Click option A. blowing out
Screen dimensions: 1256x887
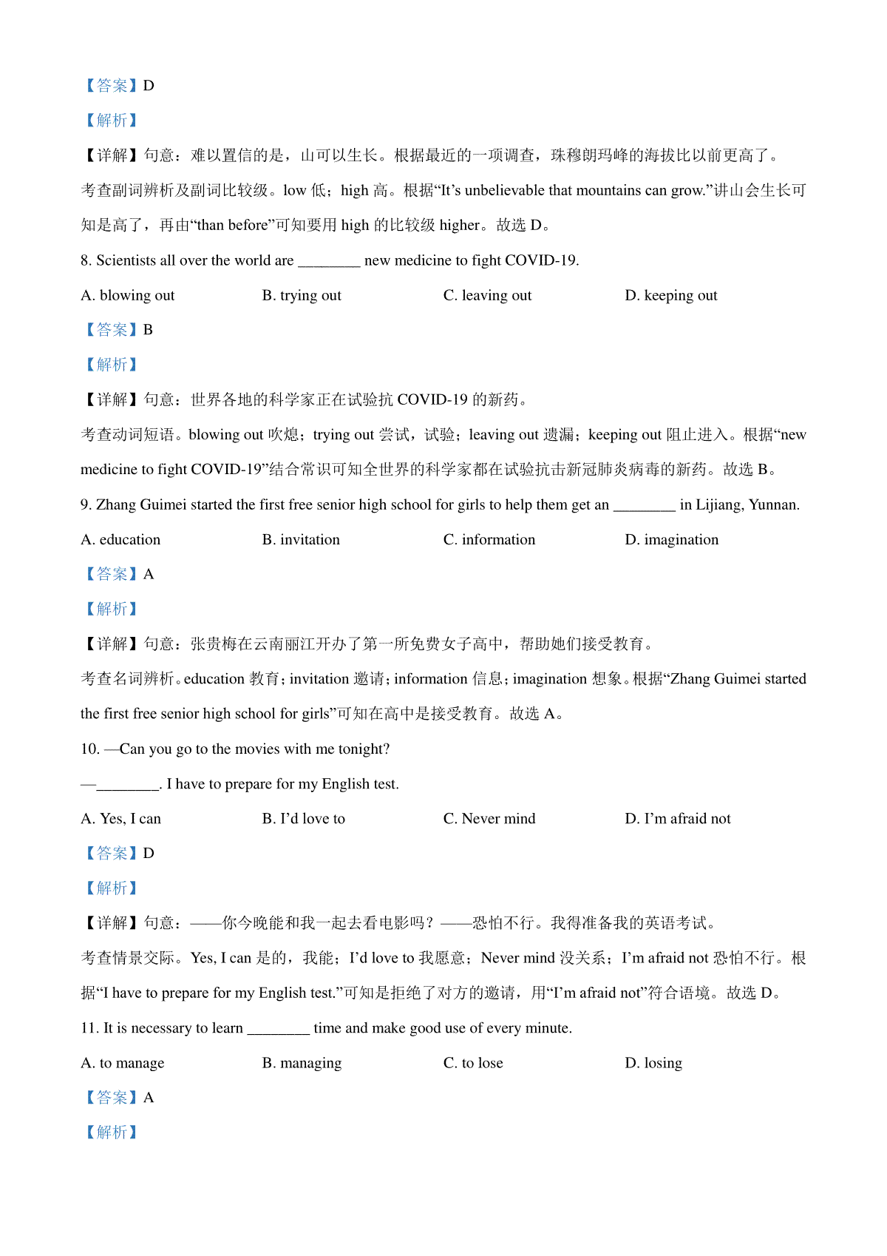128,296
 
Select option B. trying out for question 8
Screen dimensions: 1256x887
302,296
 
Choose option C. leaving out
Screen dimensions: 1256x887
487,296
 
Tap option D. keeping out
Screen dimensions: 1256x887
670,296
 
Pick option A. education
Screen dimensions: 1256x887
120,540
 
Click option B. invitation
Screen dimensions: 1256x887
301,540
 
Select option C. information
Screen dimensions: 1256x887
489,540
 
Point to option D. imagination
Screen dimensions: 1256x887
671,540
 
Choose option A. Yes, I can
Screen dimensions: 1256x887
120,819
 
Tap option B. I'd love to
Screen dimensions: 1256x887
303,819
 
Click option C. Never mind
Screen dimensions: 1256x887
489,819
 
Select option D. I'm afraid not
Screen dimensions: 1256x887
677,819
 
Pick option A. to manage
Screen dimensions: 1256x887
123,1064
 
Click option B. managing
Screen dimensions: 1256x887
302,1064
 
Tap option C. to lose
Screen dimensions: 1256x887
473,1064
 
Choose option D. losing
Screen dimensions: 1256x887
653,1064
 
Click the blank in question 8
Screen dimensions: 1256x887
329,261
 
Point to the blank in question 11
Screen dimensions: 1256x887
278,1029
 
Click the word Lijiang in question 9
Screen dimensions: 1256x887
718,505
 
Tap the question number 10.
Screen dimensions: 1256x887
89,749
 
